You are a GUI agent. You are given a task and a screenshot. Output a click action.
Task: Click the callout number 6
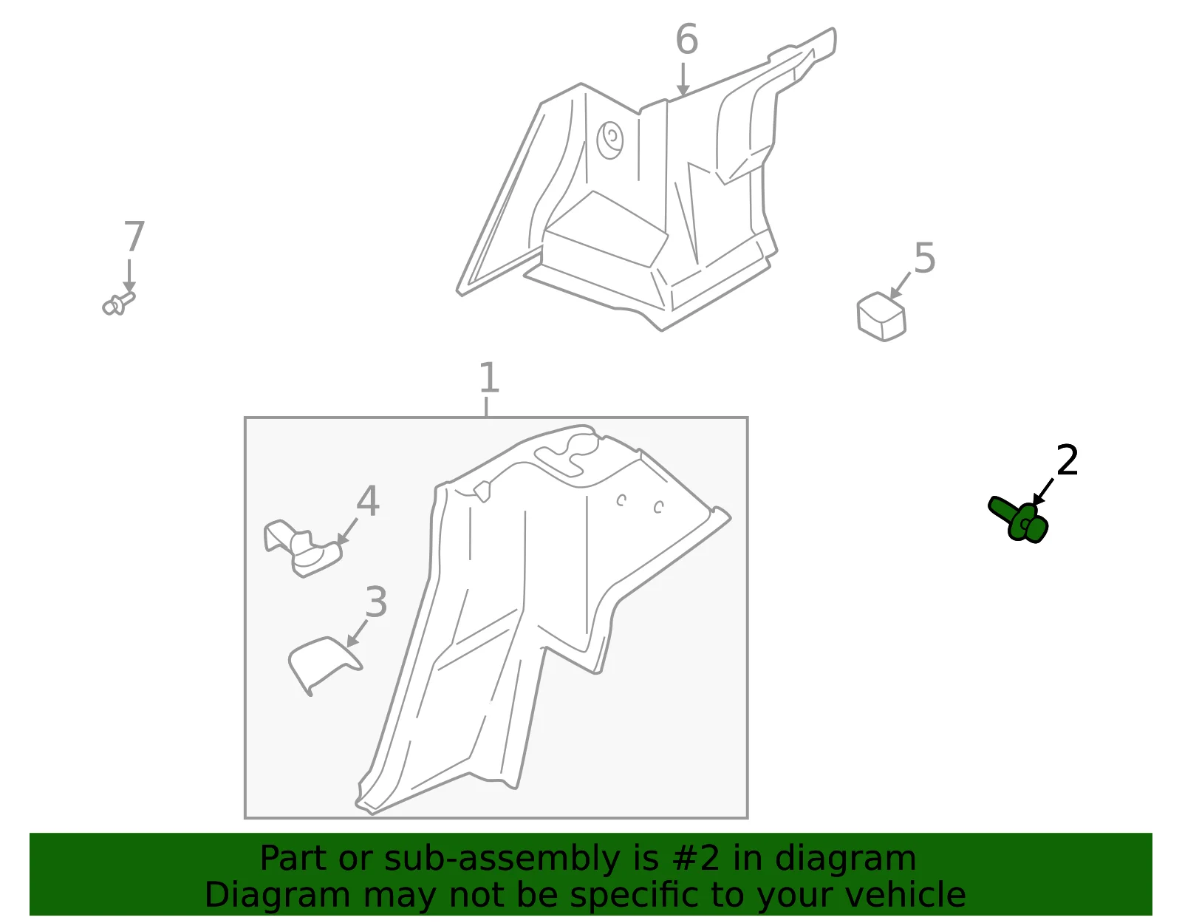tap(686, 39)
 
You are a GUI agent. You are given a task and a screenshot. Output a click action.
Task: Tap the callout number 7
tap(134, 236)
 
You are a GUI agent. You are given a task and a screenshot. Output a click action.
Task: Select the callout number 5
tap(924, 258)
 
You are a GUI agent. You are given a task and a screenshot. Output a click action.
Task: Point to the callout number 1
tap(488, 378)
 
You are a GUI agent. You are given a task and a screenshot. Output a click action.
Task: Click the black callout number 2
tap(1067, 460)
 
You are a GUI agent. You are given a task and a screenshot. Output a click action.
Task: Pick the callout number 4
tap(368, 501)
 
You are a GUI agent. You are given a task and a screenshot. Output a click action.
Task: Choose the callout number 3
tap(377, 602)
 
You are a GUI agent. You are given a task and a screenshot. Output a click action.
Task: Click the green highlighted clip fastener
tap(1018, 520)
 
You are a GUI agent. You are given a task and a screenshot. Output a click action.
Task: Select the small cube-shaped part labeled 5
tap(881, 316)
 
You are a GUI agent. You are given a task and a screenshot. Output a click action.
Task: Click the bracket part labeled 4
tap(302, 548)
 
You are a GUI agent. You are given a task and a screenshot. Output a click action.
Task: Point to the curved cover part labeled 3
tap(323, 664)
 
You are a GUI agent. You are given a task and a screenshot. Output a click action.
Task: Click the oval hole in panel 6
tap(609, 140)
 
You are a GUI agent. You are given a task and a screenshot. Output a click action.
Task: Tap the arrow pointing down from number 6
tap(683, 80)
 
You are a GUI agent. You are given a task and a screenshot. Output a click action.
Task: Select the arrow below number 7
tap(129, 276)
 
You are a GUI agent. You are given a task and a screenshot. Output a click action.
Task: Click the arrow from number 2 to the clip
tap(1043, 492)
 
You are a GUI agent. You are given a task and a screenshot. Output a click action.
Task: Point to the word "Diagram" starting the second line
tap(277, 896)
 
